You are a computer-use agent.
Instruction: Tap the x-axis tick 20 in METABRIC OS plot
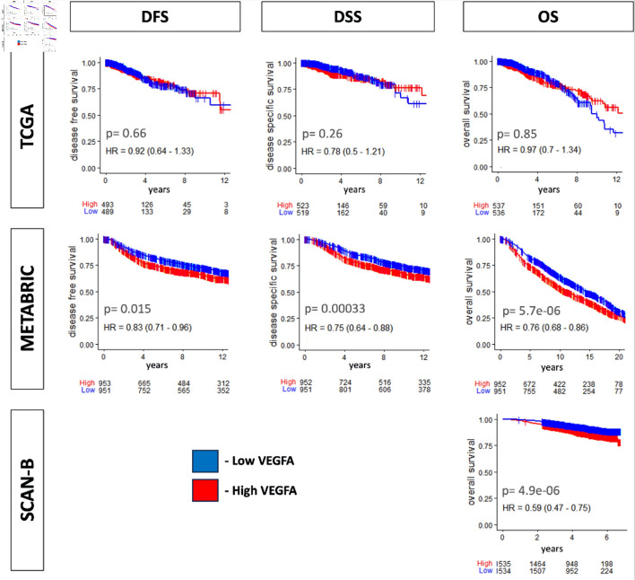pyautogui.click(x=617, y=358)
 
